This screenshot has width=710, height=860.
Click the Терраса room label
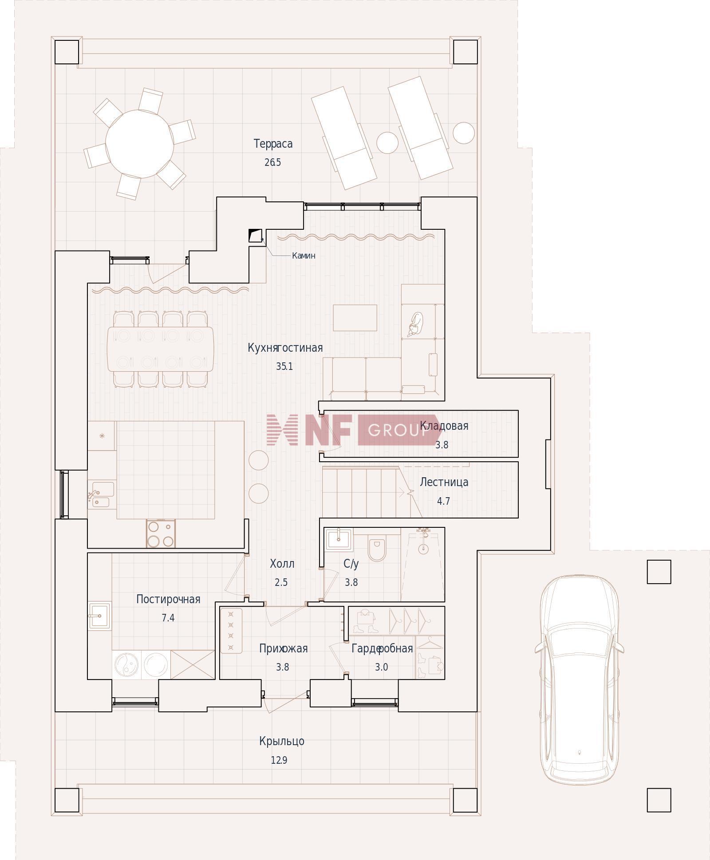click(273, 144)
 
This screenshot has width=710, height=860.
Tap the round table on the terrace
click(139, 143)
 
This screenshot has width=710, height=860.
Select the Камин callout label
click(304, 255)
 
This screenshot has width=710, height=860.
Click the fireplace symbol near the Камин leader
click(255, 236)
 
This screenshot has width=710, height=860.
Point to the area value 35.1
click(284, 367)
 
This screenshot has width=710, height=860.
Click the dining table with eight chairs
click(160, 349)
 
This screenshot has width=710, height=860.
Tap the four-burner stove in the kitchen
click(161, 534)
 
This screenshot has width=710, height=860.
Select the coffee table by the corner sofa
click(355, 318)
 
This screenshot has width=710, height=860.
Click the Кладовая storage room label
click(444, 426)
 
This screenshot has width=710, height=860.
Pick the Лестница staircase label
click(444, 482)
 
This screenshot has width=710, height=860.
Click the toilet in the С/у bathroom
click(377, 548)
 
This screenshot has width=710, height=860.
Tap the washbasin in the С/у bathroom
click(339, 539)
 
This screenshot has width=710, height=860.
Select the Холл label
click(282, 564)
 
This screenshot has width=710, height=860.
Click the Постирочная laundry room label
click(168, 599)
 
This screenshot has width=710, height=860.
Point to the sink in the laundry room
click(100, 615)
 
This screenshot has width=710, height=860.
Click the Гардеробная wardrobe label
click(382, 648)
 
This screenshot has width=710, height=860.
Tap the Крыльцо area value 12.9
click(279, 760)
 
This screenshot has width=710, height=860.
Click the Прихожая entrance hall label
click(283, 648)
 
